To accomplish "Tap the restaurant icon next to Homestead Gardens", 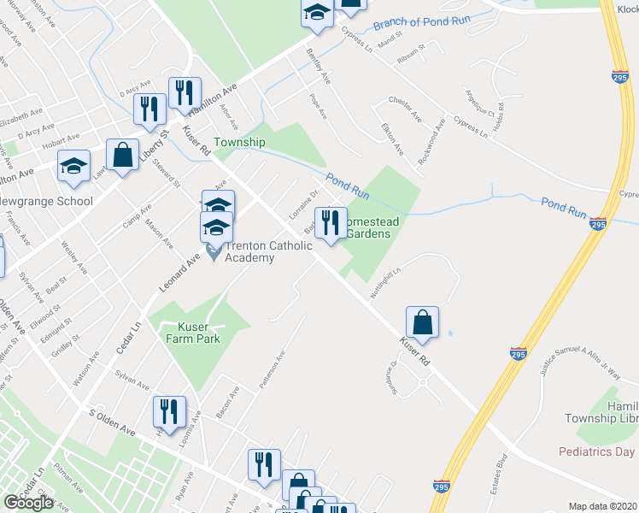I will coord(331,223).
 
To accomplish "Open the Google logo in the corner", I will coord(29,502).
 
